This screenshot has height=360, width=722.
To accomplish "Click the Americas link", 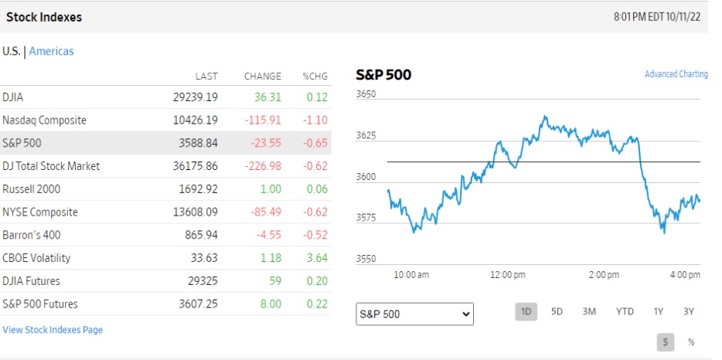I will click(52, 51).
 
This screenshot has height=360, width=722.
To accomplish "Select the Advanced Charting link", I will click(676, 74).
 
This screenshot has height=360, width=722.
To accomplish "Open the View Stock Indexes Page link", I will click(53, 330).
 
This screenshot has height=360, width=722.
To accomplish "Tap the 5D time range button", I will click(557, 311).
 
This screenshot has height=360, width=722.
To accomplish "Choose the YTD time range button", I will click(625, 311).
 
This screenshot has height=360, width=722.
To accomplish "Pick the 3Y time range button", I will click(689, 311).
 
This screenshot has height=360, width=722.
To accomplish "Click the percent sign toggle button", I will click(690, 341).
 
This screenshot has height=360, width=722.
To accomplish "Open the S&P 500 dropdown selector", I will click(414, 314).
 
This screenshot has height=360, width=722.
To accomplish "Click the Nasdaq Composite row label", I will click(44, 120).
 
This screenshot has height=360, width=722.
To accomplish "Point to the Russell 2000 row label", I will click(31, 188).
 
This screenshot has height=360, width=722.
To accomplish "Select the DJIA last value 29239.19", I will click(196, 97).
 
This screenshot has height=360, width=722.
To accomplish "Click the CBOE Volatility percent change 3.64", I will click(317, 258).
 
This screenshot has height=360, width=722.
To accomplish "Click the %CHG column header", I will click(315, 76).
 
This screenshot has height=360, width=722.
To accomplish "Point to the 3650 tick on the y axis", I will click(366, 95).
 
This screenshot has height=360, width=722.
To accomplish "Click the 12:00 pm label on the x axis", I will click(508, 274).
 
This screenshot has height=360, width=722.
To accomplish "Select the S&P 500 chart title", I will click(383, 75).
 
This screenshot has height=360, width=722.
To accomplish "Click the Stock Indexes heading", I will click(44, 16).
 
